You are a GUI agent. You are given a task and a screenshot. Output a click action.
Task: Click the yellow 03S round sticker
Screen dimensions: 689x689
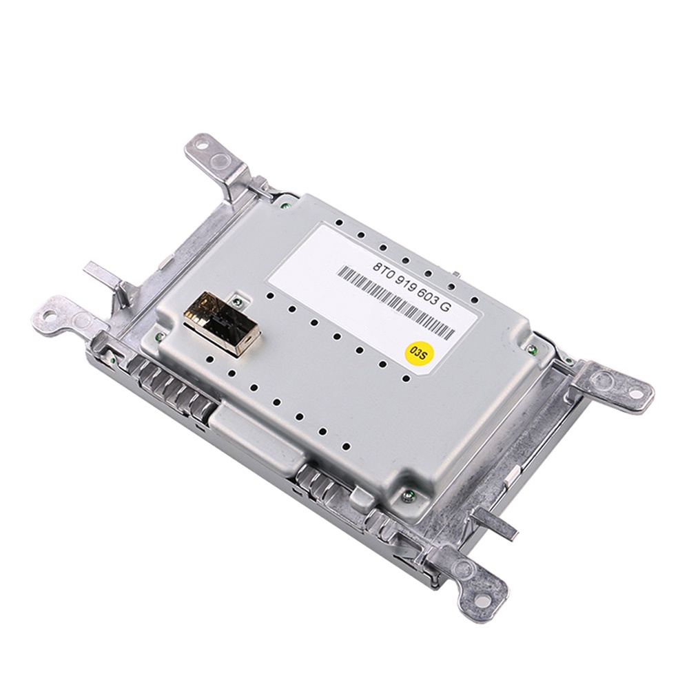tap(418, 354)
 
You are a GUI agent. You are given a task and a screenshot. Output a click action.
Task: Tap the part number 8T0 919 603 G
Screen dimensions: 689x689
tap(411, 287)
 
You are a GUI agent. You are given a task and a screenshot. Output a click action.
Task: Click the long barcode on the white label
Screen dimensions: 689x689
tap(396, 302)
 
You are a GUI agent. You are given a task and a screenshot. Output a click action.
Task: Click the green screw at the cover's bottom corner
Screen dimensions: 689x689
tap(407, 496)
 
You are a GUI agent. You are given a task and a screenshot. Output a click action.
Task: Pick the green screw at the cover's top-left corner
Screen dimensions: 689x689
tap(285, 204)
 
